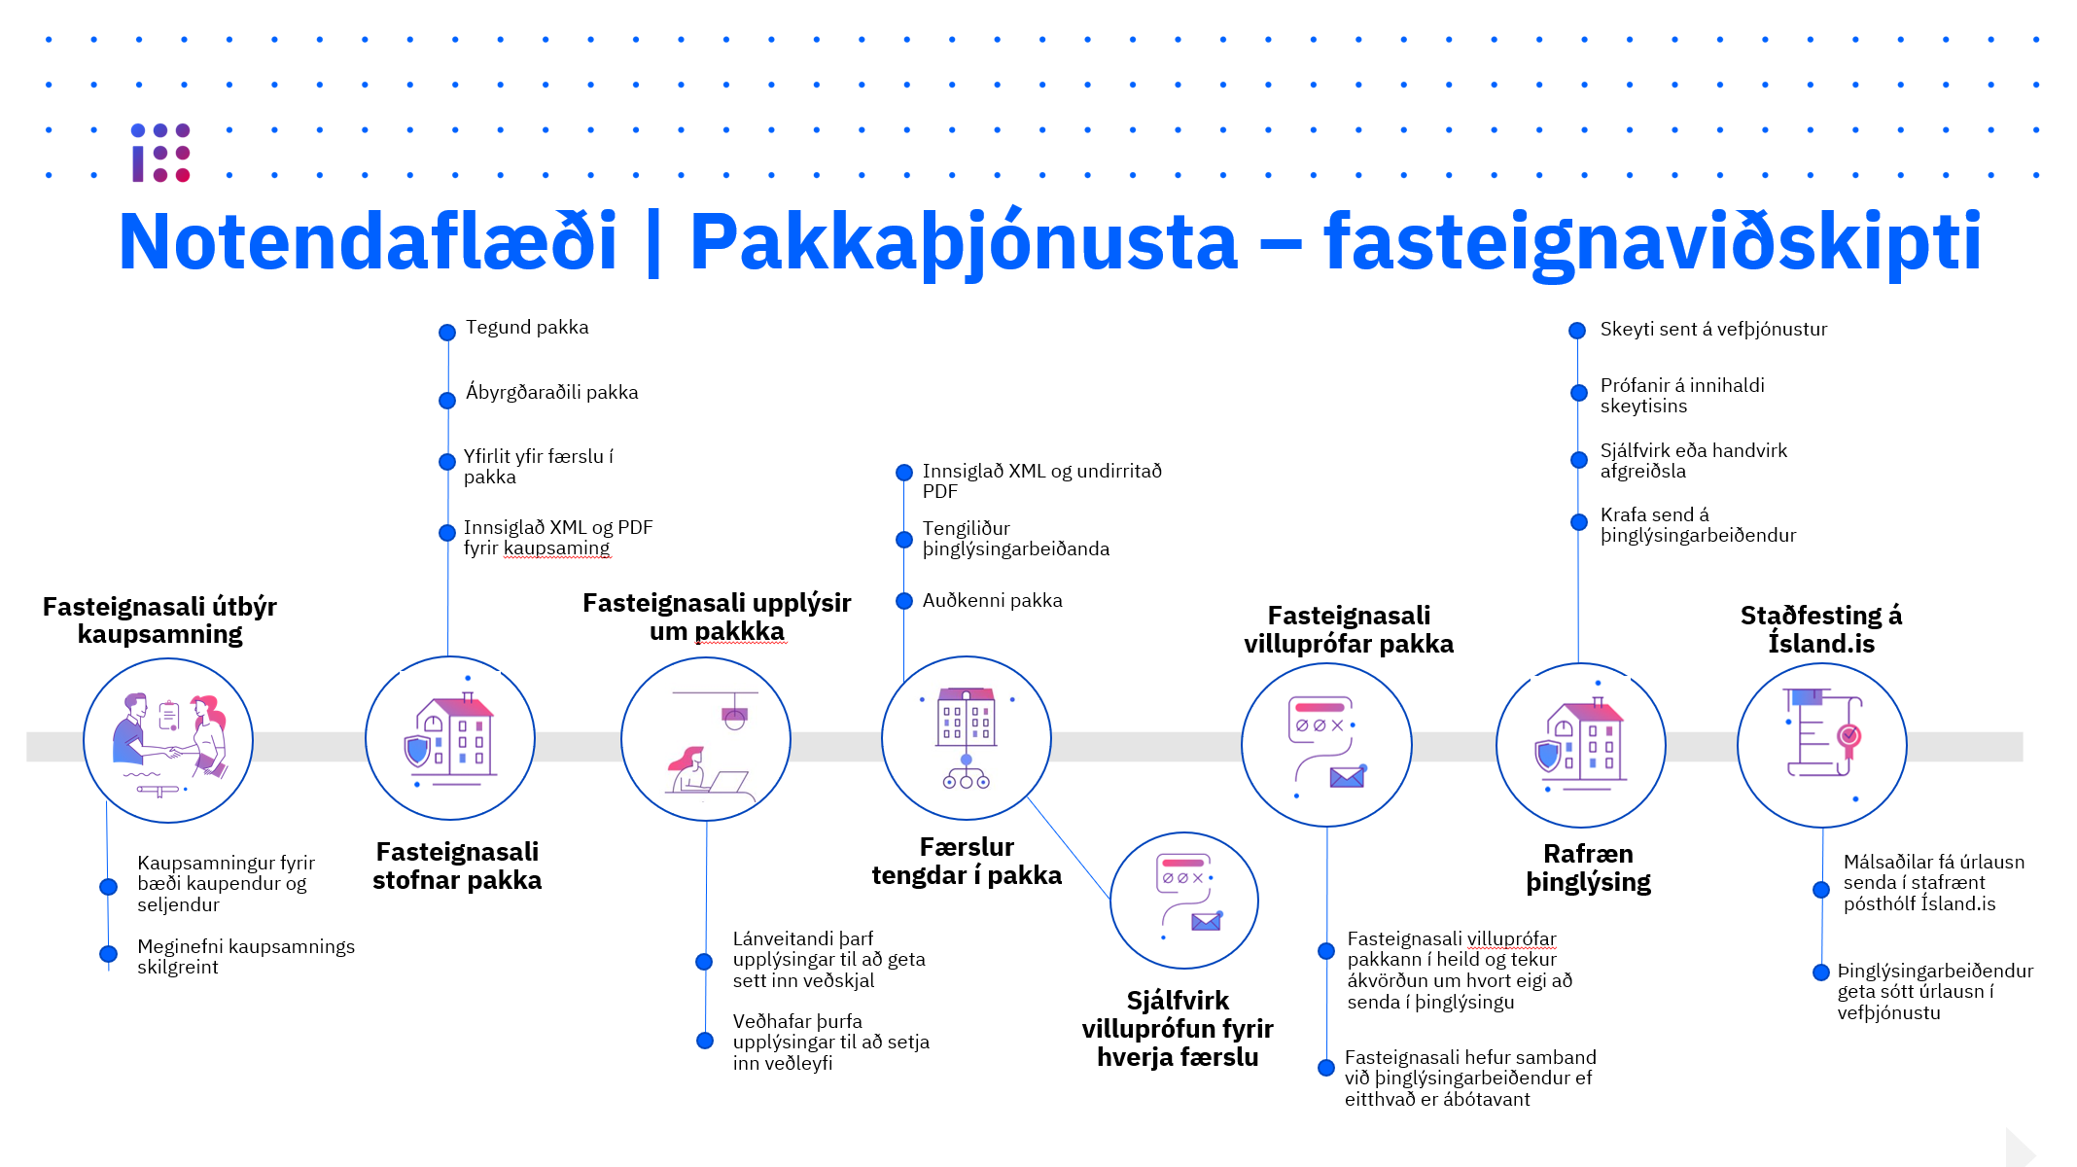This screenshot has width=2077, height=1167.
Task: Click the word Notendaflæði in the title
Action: coord(368,241)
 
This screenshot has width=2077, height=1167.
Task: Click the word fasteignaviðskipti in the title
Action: coord(1652,243)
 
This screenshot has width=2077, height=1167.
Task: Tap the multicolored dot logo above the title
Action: coord(161,153)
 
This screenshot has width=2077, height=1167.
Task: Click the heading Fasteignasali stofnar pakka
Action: coord(457,866)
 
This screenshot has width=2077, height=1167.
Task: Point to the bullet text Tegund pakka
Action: coord(527,328)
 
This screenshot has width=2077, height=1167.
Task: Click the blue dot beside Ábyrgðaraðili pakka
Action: coord(447,400)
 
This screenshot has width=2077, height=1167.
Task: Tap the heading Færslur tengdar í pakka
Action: coord(967,861)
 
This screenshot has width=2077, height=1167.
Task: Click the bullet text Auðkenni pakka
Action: coord(992,600)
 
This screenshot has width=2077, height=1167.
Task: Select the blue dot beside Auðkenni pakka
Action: coord(904,601)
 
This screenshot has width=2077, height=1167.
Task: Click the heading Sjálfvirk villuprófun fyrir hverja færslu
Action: coord(1178,1028)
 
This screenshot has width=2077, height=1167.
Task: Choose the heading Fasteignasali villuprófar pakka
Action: coord(1349,629)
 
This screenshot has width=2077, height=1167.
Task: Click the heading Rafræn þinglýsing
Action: coord(1588,867)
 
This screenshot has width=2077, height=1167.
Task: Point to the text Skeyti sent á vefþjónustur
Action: coord(1713,330)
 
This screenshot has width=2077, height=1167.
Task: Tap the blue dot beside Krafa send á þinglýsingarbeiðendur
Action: coord(1579,522)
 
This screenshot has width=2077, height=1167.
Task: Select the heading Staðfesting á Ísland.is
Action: coord(1821,629)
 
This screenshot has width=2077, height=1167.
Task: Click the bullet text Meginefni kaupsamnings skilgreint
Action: coord(246,957)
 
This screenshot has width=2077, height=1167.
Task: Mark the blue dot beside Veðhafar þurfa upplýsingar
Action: coord(705,1041)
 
